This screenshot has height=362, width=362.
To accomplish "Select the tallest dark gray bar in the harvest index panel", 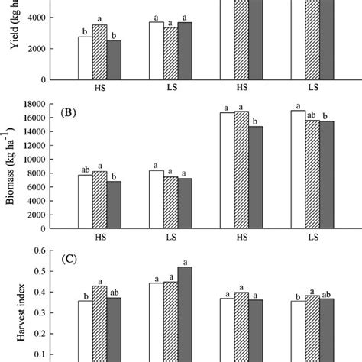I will click(183, 313).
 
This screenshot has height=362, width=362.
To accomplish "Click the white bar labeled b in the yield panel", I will click(84, 58).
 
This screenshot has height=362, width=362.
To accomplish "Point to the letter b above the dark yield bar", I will click(113, 35).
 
